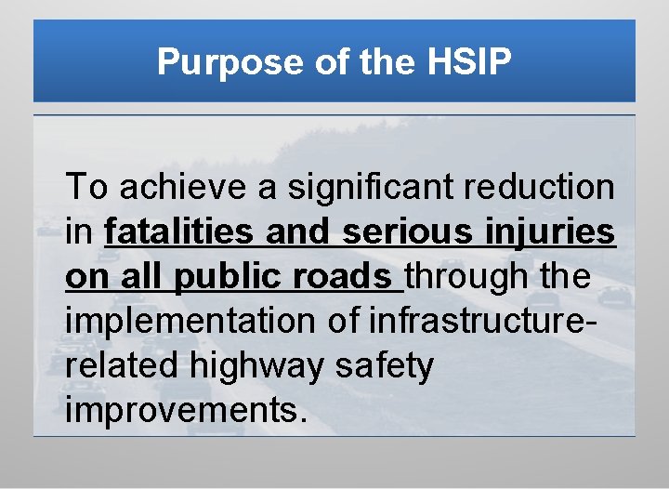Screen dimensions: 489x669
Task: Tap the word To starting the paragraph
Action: click(x=87, y=188)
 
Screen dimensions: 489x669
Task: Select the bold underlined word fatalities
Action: click(x=182, y=232)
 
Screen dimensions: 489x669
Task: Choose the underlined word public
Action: click(x=223, y=277)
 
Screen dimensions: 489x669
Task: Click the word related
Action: click(x=123, y=366)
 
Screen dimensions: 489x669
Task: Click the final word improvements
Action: click(x=186, y=411)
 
